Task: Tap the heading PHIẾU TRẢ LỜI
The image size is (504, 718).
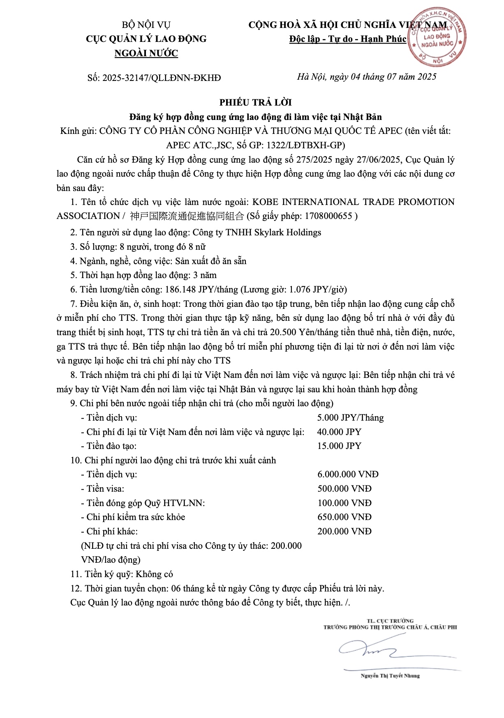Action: point(255,102)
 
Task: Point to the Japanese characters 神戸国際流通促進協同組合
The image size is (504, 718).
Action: point(187,216)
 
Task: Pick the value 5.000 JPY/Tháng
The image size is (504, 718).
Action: point(350,418)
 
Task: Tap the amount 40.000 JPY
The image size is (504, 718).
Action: point(339,432)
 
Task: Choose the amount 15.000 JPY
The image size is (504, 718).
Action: point(339,446)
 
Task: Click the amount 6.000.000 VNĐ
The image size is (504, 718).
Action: point(348,474)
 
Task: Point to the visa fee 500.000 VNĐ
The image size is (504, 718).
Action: point(344,489)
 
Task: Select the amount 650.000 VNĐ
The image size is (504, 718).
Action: point(344,517)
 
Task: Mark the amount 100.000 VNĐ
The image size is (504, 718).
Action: point(344,503)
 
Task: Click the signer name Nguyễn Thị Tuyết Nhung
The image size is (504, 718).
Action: point(390,676)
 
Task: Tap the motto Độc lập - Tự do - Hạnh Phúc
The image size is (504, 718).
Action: point(348,39)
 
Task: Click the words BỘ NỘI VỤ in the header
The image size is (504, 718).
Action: point(146,25)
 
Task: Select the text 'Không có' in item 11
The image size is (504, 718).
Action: point(155,574)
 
